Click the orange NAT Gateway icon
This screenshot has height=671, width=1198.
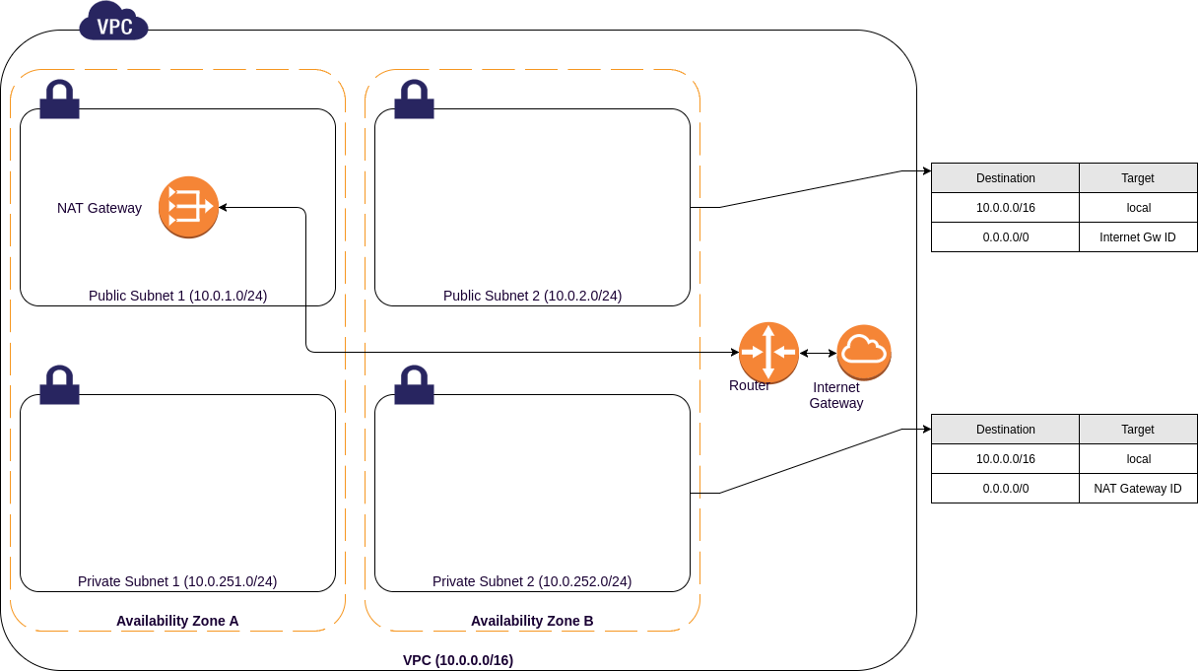[x=188, y=207]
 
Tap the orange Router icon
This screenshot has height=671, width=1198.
[x=768, y=352]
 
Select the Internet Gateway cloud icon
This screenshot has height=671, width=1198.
[x=864, y=352]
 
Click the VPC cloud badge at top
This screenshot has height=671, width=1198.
[x=113, y=22]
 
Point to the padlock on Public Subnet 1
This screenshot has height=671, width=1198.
[x=60, y=101]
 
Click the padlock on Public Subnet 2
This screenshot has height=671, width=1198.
[x=414, y=101]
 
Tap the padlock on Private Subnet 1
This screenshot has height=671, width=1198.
[x=60, y=385]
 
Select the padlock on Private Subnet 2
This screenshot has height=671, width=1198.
[x=414, y=385]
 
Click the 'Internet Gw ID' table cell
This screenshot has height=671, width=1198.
[x=1137, y=237]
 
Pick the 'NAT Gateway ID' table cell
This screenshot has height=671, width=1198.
[x=1137, y=489]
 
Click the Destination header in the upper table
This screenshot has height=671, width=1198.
[x=1005, y=178]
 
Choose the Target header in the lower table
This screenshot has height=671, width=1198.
[x=1137, y=430]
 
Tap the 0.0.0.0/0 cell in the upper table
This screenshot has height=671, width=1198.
[x=1005, y=237]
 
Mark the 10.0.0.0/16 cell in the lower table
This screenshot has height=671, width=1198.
[x=1005, y=459]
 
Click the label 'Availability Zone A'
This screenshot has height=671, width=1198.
[x=177, y=621]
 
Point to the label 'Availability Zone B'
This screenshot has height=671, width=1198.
[x=532, y=621]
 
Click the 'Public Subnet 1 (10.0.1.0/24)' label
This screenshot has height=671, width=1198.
[x=177, y=296]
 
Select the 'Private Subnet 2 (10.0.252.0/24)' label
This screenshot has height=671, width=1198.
[x=532, y=581]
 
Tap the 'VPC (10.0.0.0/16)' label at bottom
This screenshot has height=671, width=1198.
[x=458, y=660]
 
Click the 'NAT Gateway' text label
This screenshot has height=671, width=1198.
[x=100, y=208]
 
